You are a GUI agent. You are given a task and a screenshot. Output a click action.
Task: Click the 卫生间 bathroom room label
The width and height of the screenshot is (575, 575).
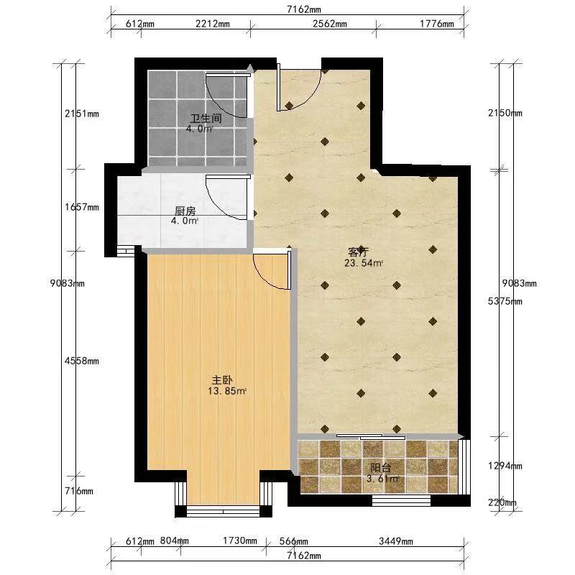pyautogui.click(x=206, y=119)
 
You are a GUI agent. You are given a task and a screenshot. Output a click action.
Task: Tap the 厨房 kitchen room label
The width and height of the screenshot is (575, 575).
pyautogui.click(x=185, y=211)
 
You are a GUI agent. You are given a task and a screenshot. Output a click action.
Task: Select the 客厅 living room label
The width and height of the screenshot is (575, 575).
pyautogui.click(x=358, y=253)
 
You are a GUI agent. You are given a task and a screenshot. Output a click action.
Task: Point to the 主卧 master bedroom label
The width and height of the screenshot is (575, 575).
pyautogui.click(x=222, y=380)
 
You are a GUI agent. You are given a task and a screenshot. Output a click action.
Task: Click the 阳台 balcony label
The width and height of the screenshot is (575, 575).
pyautogui.click(x=381, y=468)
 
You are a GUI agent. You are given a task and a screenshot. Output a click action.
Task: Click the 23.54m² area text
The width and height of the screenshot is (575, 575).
pyautogui.click(x=364, y=263)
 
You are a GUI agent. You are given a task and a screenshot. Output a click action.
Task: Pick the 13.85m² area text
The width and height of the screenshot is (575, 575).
pyautogui.click(x=226, y=391)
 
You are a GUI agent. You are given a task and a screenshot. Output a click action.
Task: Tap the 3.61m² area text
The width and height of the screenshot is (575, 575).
pyautogui.click(x=383, y=479)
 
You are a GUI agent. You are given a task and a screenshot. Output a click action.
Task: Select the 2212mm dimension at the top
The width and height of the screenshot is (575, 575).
pyautogui.click(x=212, y=24)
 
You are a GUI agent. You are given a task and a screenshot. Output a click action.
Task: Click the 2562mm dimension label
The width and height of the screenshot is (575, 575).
pyautogui.click(x=330, y=24)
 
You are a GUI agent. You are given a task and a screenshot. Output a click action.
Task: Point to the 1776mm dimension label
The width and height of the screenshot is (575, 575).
pyautogui.click(x=437, y=24)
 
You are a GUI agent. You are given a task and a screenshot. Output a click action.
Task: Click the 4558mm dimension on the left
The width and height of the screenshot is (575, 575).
pyautogui.click(x=82, y=361)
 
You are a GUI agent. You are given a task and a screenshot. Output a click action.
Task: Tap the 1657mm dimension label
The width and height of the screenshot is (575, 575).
pyautogui.click(x=82, y=207)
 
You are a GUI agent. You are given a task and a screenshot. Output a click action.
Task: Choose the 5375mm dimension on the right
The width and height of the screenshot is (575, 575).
pyautogui.click(x=505, y=301)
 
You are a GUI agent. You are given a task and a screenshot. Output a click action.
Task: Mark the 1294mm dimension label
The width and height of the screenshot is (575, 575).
pyautogui.click(x=505, y=466)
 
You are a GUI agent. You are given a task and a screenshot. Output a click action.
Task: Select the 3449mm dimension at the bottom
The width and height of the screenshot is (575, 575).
pyautogui.click(x=396, y=541)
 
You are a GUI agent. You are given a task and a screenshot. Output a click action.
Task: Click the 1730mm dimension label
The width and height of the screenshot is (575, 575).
pyautogui.click(x=240, y=540)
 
